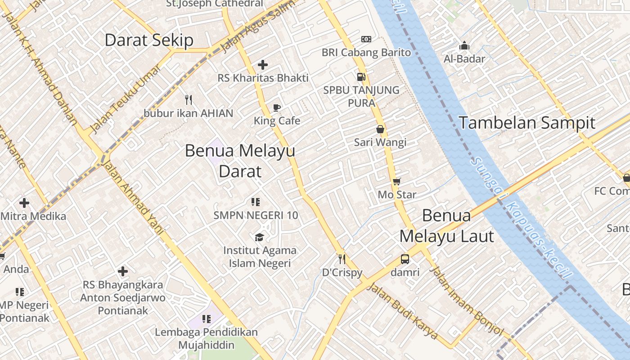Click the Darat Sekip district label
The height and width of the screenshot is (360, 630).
click(149, 40)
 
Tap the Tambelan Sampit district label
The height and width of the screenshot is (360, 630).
click(526, 122)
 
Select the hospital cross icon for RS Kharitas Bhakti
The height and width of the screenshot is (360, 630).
click(263, 65)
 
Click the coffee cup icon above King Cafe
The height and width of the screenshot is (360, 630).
click(277, 108)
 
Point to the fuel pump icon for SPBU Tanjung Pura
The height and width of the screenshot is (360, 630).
click(361, 76)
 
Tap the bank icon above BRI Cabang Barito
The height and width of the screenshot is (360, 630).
click(366, 39)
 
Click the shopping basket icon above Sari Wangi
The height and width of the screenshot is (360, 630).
click(380, 129)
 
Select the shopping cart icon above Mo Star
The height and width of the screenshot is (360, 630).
click(396, 181)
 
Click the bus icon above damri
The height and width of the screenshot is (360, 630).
click(405, 259)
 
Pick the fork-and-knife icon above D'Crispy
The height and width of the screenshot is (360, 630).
click(342, 259)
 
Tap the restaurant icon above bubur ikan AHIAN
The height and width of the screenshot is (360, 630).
click(189, 99)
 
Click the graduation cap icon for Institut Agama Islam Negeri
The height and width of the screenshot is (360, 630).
click(260, 237)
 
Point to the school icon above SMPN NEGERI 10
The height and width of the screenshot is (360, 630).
click(256, 202)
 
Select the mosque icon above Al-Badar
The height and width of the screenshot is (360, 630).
click(464, 45)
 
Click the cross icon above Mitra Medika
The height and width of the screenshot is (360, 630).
click(24, 203)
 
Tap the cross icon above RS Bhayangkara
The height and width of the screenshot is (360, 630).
click(123, 271)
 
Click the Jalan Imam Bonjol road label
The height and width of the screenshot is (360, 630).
click(467, 301)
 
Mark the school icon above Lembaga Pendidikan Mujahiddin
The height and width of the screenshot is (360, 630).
click(207, 319)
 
